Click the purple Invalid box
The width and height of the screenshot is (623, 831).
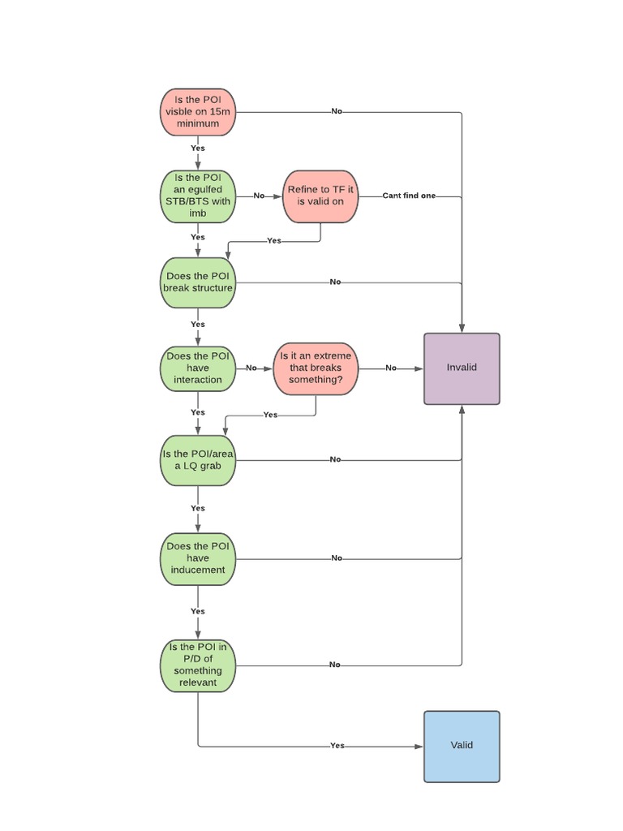click(x=462, y=368)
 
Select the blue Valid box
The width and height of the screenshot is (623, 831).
click(x=462, y=746)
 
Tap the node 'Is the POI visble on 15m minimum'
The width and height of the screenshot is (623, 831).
click(x=198, y=112)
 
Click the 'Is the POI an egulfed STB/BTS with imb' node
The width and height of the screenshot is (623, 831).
click(x=198, y=196)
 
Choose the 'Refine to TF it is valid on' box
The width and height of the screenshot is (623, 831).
click(x=321, y=196)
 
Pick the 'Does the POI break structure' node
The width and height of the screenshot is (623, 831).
click(x=198, y=282)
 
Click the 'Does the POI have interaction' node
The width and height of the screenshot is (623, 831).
click(x=198, y=368)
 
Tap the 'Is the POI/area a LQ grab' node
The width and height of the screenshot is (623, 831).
click(x=198, y=459)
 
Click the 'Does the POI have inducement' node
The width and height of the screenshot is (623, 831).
click(x=198, y=558)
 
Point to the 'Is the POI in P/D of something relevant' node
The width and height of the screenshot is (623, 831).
click(x=198, y=665)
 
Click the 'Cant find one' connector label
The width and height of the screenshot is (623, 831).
click(x=409, y=196)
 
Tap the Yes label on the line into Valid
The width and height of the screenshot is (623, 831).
click(x=337, y=746)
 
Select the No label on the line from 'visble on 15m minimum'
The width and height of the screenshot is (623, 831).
click(x=337, y=112)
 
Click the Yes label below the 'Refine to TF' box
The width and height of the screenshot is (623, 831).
click(x=274, y=241)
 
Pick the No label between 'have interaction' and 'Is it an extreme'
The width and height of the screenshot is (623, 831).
click(x=251, y=368)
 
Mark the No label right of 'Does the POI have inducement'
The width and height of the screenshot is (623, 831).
click(x=336, y=558)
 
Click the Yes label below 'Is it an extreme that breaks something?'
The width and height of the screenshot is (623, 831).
click(x=270, y=415)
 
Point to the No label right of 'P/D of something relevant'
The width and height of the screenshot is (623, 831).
click(x=335, y=665)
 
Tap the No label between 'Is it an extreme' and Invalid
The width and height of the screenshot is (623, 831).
click(x=391, y=368)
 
